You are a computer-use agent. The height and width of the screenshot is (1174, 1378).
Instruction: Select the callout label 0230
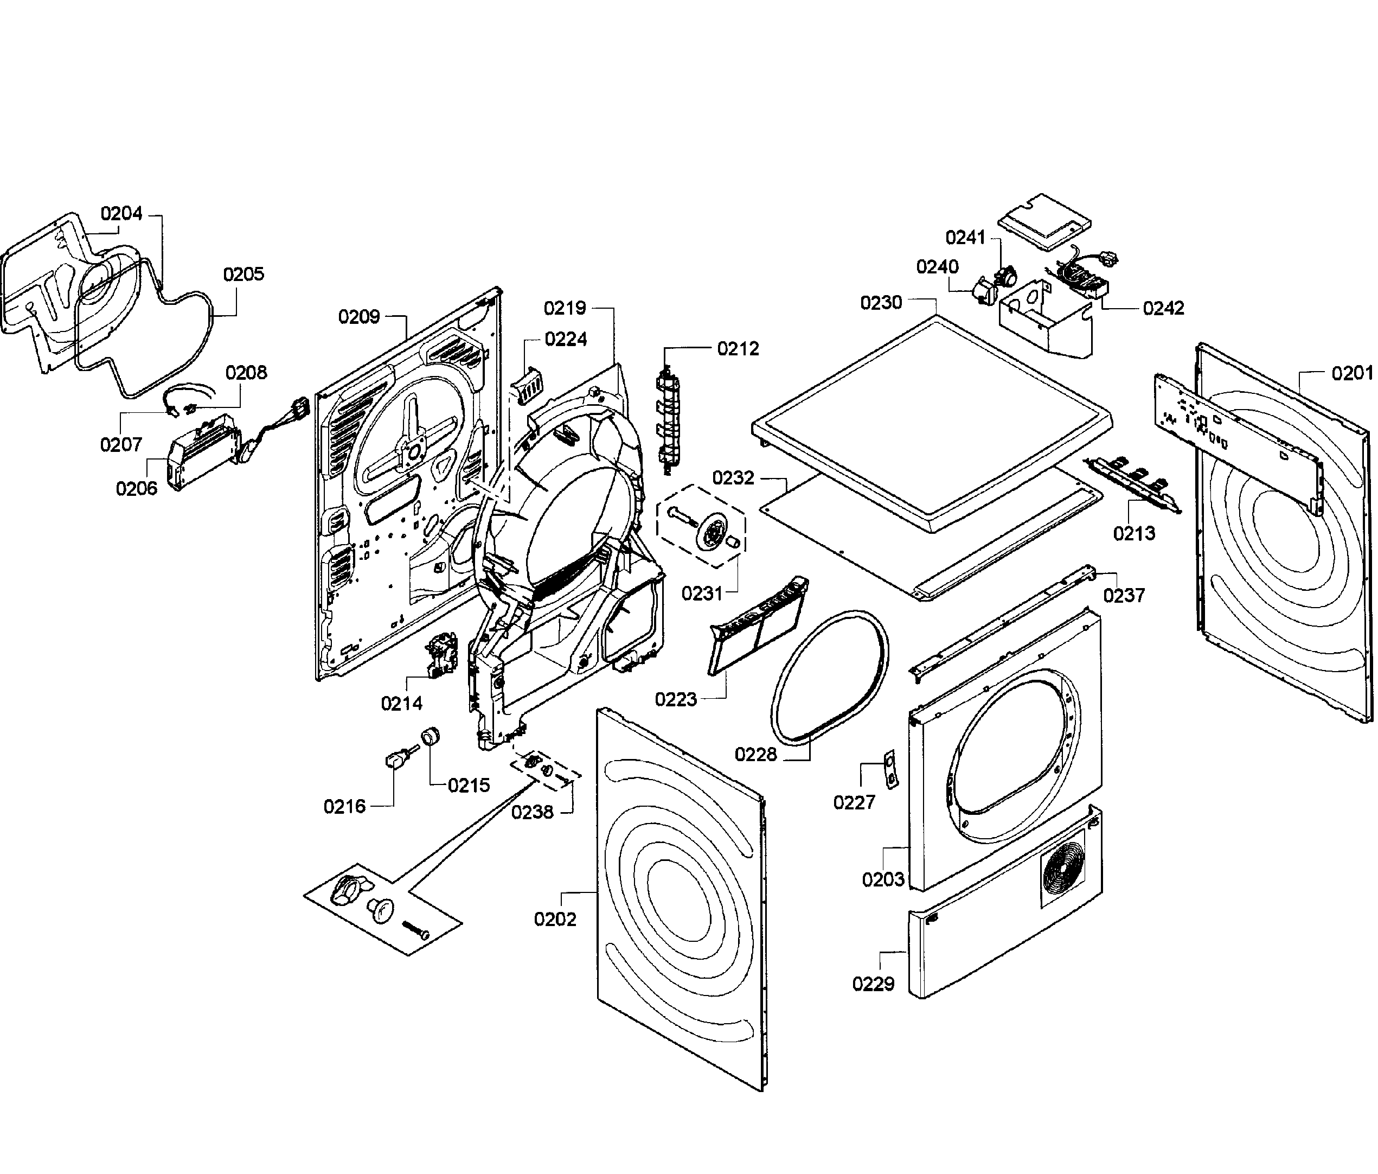point(881,303)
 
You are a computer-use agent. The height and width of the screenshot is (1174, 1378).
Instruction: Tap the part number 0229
point(873,984)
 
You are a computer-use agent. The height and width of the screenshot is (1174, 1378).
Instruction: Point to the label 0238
point(532,812)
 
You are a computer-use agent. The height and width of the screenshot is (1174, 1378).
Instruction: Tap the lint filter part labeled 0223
point(758,625)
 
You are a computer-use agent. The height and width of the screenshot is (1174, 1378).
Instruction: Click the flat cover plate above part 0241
point(1044,223)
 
